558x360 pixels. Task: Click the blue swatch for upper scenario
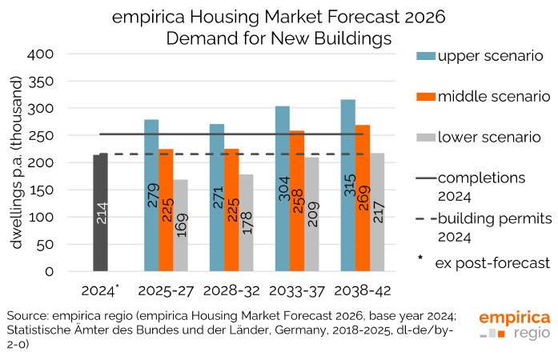[425, 55]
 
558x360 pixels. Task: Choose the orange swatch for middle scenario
[425, 96]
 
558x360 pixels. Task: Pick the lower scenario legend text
[490, 137]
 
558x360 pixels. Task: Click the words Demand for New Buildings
[279, 37]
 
